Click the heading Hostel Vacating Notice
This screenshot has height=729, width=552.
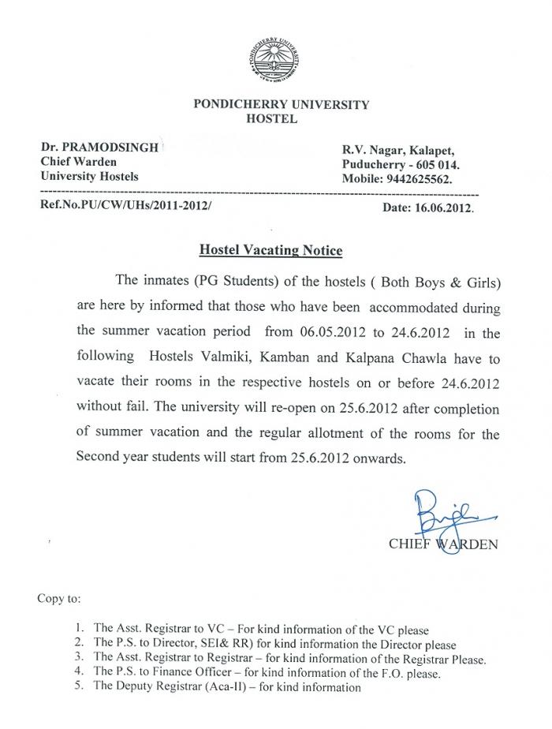tap(270, 250)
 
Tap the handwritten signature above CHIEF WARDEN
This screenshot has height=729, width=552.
tap(435, 510)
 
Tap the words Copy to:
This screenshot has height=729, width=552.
tap(58, 598)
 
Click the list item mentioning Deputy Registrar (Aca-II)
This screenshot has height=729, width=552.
tap(226, 687)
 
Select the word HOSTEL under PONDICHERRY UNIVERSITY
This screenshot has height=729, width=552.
tap(271, 119)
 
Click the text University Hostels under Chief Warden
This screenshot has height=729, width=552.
tap(89, 176)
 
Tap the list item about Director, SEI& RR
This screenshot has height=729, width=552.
tap(274, 645)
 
